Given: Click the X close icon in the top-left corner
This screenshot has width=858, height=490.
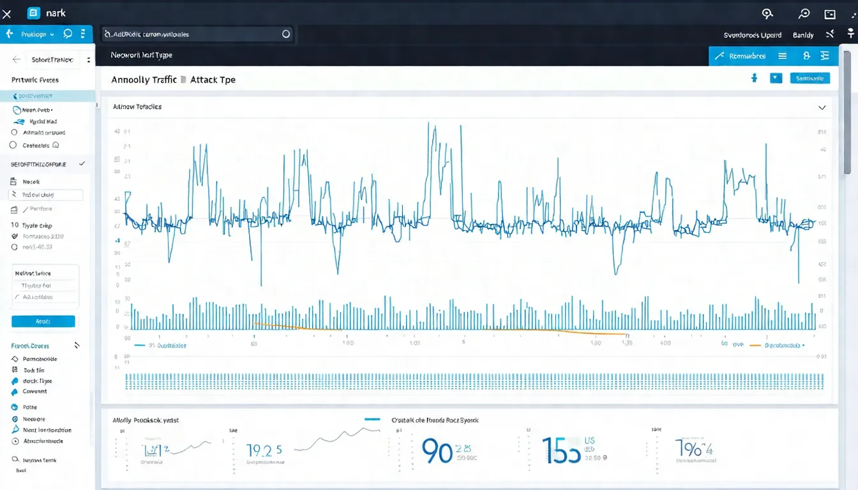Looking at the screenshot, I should pos(7,14).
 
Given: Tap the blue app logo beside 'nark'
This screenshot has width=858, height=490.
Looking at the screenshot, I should pos(34,13).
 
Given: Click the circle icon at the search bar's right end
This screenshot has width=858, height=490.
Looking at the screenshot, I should pos(285,34).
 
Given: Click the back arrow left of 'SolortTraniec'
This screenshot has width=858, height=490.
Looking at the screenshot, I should pos(17,59).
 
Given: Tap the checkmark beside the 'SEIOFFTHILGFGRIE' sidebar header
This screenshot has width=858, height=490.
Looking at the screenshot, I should pos(82,164).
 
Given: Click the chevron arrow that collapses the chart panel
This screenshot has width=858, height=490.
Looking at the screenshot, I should pos(822,108).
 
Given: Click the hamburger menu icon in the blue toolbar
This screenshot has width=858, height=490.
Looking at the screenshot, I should pos(782,56).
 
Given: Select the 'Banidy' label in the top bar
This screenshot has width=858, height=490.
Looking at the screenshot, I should pos(803,35).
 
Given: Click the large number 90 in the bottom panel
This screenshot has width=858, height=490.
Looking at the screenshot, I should pos(437,450).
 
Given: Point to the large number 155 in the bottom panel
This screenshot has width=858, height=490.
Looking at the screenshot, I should pos(561,450).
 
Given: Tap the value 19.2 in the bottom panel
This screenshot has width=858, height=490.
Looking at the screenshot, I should pos(264,450).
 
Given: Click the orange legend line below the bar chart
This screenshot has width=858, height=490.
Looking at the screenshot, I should pos(755,345).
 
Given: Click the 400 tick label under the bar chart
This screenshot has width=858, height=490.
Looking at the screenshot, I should pos(666,343).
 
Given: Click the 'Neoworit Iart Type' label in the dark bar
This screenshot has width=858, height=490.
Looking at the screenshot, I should pos(141,56).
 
